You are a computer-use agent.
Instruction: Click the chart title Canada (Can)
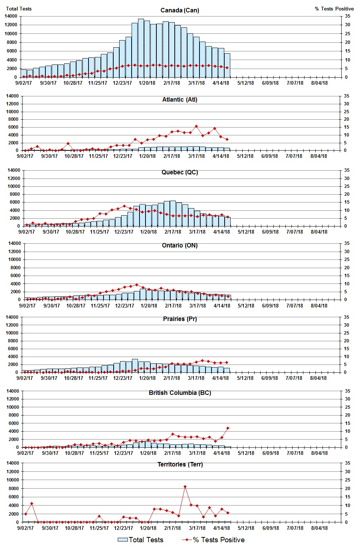point(180,10)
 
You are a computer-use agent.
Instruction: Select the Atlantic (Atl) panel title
point(180,99)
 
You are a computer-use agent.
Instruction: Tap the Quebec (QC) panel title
point(180,172)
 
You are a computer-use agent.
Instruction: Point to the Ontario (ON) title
point(180,245)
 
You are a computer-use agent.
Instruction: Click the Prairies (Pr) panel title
point(180,319)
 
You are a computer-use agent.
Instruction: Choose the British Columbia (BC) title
point(180,393)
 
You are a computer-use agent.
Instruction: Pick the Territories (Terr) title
point(180,464)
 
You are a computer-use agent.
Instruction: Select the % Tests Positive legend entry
point(213,540)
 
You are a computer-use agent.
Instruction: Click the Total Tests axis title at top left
point(19,9)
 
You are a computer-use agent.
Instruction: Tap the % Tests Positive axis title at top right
point(334,9)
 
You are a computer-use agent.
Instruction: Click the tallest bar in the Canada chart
point(141,48)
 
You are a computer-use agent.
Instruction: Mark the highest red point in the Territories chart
point(185,487)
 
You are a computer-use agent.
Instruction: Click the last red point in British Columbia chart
point(228,428)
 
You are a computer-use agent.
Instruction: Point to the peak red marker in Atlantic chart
point(196,126)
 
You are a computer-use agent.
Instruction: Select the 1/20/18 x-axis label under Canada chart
point(147,83)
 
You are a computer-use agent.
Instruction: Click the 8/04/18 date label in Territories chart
point(319,528)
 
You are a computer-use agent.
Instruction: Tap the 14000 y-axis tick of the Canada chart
point(11,16)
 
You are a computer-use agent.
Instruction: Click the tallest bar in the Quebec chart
point(173,213)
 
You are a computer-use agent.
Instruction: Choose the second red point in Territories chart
point(32,504)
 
